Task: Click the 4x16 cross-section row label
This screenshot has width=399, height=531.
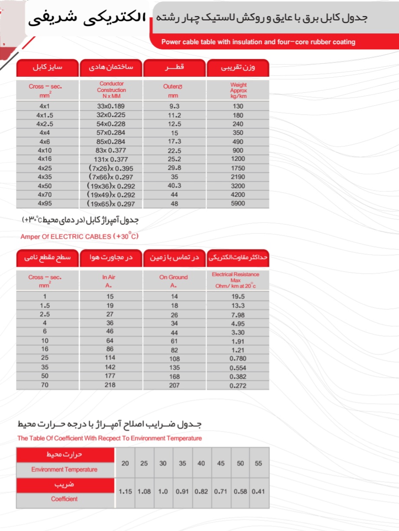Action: coord(45,159)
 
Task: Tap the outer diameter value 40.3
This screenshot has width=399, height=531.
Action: coord(174,186)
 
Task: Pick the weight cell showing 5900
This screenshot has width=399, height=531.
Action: coord(238,203)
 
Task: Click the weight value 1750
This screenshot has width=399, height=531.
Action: coord(238,168)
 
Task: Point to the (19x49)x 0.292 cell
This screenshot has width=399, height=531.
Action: coord(111,195)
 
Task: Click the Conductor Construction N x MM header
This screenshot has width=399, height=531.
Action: coord(111,90)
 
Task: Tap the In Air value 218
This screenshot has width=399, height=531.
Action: coord(110,385)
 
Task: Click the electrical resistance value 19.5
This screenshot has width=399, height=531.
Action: coord(238,296)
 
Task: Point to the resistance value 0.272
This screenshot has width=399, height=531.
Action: coord(238,385)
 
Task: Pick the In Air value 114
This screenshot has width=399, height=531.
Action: coord(110,358)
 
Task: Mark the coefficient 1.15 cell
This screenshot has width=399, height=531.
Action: coord(125,492)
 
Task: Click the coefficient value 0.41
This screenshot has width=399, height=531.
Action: coord(258,492)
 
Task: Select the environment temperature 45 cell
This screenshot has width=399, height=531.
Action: coord(221,463)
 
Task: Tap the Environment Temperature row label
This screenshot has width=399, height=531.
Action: coord(64,469)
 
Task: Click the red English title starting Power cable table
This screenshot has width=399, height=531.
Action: coord(258,42)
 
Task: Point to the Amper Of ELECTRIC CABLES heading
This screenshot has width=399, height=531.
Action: coord(79,237)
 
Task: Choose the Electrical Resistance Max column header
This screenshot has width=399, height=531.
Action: coord(235,280)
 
